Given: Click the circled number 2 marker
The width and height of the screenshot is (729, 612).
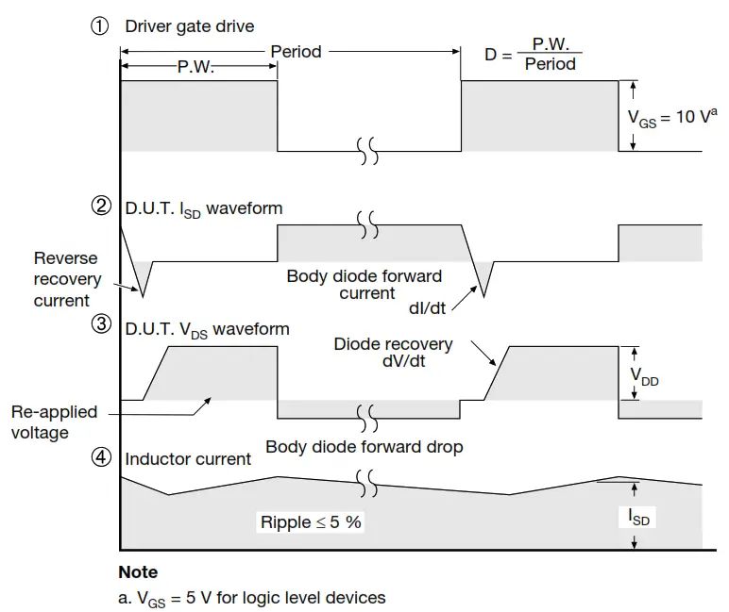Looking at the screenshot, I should click(100, 207).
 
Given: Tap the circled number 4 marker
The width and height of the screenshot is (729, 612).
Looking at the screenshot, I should click(100, 458).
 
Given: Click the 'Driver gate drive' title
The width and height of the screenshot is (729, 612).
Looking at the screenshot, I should click(190, 26).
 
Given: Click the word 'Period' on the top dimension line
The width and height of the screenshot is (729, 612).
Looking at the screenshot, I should click(296, 50).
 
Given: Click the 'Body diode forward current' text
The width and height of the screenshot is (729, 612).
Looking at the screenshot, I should click(364, 285).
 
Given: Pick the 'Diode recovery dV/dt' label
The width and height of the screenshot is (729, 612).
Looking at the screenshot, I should click(393, 353).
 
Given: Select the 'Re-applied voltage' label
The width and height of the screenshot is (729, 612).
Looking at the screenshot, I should click(53, 422).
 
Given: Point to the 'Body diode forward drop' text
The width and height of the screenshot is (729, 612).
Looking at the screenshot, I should click(364, 447).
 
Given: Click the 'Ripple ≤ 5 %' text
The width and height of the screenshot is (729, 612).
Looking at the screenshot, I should click(311, 521).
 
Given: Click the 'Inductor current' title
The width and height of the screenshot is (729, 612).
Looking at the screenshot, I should click(188, 459).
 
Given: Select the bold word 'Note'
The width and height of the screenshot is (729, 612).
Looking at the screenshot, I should click(138, 572).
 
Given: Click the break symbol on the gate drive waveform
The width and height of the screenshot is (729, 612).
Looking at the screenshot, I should click(368, 151).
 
